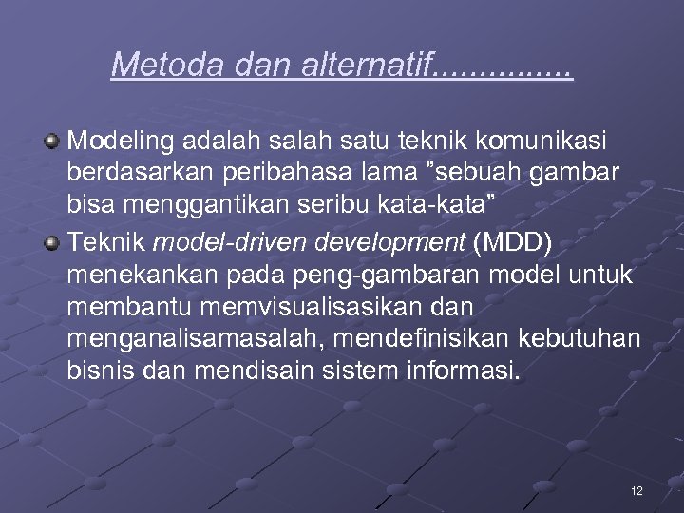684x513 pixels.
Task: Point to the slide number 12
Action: pyautogui.click(x=636, y=490)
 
